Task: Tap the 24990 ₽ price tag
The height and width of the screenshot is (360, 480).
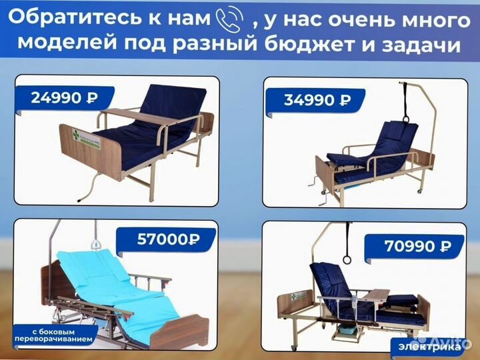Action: tap(64, 97)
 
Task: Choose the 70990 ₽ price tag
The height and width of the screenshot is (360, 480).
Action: tap(417, 247)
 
